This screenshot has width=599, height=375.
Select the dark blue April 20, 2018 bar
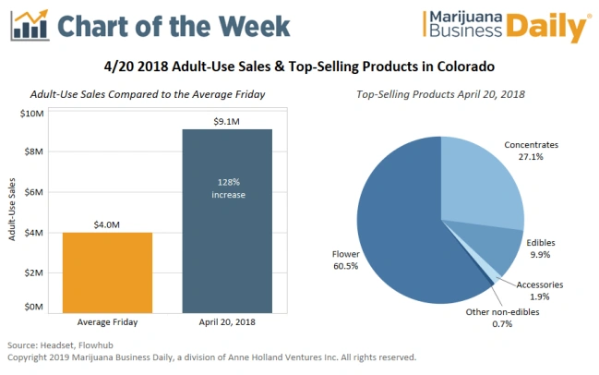point(227,240)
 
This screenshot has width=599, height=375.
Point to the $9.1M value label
point(227,120)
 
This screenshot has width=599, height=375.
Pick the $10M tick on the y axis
point(30,114)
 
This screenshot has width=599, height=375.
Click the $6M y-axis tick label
point(32,193)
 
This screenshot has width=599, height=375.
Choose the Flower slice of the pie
point(397,231)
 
